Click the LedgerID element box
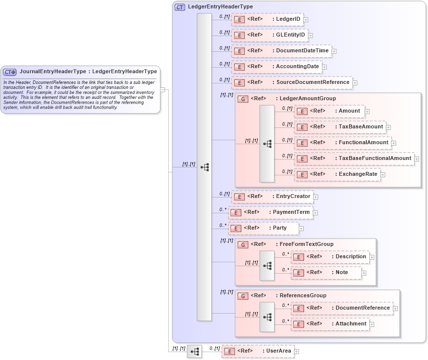tap(267, 19)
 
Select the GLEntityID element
tap(270, 35)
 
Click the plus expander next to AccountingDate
tap(324, 67)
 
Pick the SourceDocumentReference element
tap(292, 82)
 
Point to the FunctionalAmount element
tap(343, 143)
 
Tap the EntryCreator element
tap(272, 197)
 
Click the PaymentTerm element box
tap(270, 212)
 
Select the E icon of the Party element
tap(236, 229)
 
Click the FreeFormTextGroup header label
tap(306, 244)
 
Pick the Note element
tap(326, 273)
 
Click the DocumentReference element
tap(342, 308)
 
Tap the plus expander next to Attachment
tap(372, 324)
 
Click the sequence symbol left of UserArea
tap(195, 352)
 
